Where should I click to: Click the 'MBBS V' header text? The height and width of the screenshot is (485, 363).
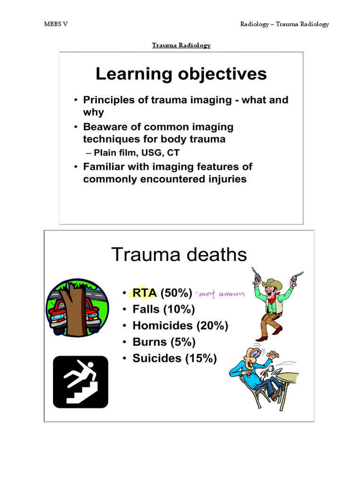(x=55, y=24)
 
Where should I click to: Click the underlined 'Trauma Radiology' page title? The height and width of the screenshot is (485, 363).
(x=181, y=45)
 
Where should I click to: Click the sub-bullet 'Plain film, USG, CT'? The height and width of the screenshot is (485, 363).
(x=136, y=153)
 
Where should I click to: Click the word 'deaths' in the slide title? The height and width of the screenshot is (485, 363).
(x=216, y=255)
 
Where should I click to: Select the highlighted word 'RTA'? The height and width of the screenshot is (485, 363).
(x=144, y=293)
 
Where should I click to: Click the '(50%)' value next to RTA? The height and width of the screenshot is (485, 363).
(x=176, y=293)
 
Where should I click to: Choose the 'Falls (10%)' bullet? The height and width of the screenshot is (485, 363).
(x=164, y=310)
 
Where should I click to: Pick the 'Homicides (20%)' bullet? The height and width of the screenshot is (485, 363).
(x=180, y=326)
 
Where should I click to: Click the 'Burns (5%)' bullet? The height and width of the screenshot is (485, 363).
(x=164, y=342)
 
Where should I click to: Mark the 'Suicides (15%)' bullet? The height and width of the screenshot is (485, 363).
(x=174, y=358)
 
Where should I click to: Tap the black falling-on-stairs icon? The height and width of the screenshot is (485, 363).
(x=80, y=382)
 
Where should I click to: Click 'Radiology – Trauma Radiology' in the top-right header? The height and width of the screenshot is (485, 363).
(x=284, y=24)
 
